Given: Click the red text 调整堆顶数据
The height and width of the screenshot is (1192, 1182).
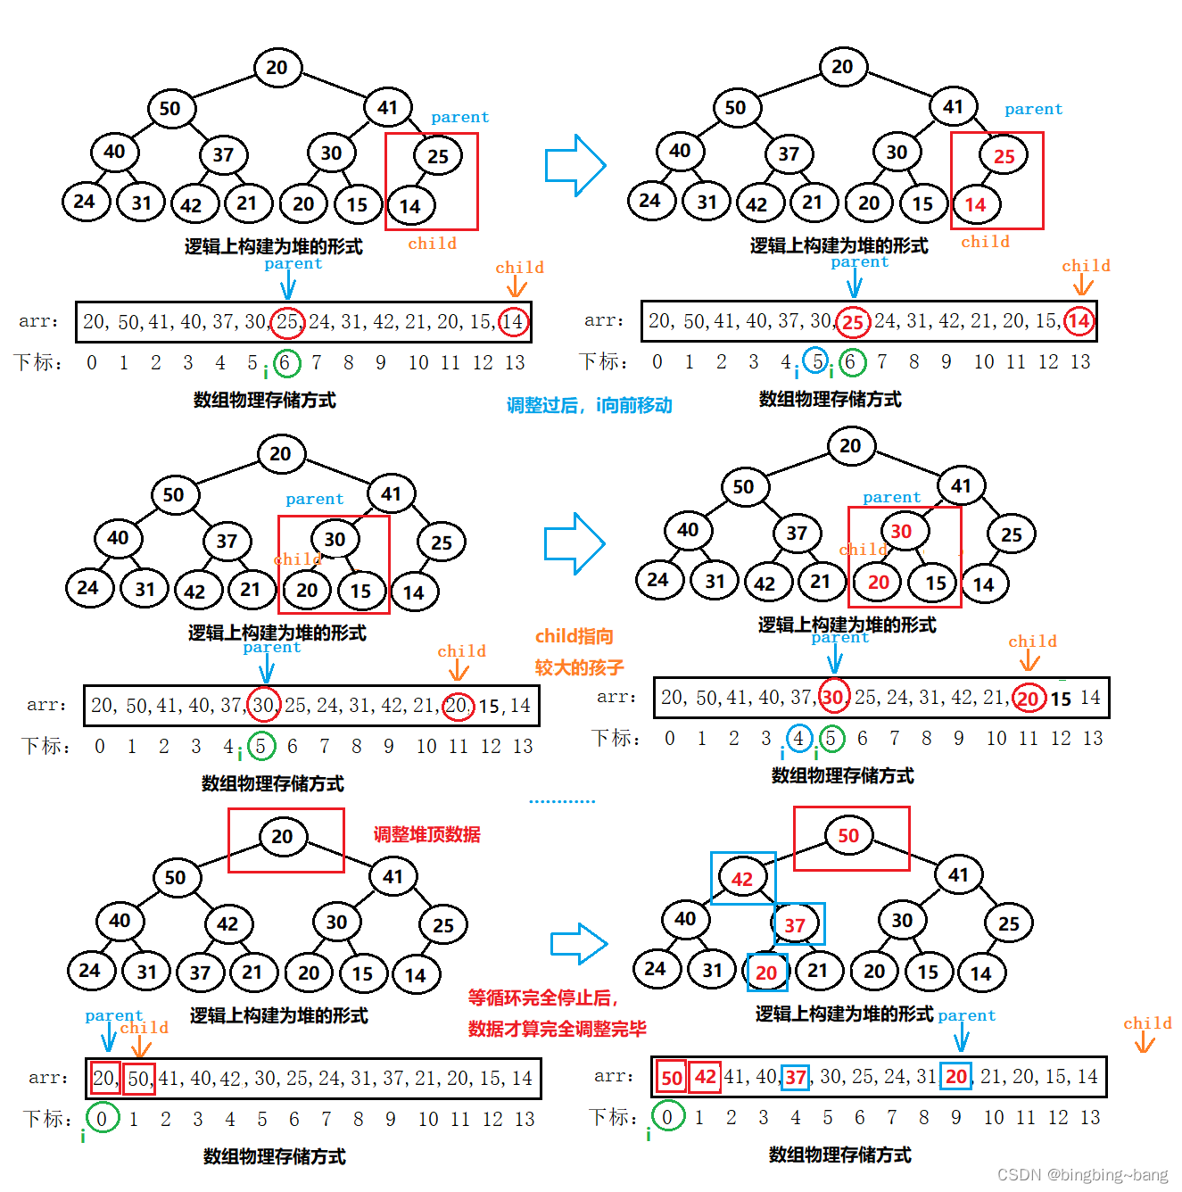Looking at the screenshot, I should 426,834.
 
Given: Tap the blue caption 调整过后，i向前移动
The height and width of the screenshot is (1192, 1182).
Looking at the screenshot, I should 589,405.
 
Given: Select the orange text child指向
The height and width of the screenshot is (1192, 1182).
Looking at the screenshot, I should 574,636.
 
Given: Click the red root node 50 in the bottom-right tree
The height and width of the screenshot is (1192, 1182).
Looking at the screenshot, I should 847,835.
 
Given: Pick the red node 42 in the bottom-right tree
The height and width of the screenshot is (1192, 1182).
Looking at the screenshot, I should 742,879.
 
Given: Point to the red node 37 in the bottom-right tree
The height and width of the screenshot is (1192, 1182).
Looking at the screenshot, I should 795,925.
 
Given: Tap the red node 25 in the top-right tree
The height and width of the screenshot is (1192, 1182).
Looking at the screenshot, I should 1004,156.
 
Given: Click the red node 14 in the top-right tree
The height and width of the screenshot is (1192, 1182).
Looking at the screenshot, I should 975,205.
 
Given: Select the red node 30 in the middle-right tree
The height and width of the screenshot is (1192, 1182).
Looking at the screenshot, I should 901,532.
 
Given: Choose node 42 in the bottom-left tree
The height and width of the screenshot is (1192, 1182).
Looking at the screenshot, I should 227,923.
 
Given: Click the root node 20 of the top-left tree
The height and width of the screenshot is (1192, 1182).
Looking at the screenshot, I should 277,67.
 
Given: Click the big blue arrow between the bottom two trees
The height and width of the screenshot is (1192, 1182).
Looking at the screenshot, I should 579,943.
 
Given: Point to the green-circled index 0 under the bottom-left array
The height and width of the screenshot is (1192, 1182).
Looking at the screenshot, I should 102,1118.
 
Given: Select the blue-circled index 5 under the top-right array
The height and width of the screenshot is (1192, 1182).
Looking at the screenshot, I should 816,361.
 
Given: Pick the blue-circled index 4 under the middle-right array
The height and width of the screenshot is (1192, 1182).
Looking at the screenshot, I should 798,738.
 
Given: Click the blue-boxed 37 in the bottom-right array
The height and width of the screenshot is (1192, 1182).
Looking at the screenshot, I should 796,1078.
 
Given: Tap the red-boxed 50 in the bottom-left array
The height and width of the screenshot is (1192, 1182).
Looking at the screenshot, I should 139,1078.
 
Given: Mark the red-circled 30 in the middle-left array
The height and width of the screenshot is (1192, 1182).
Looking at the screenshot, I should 263,705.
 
